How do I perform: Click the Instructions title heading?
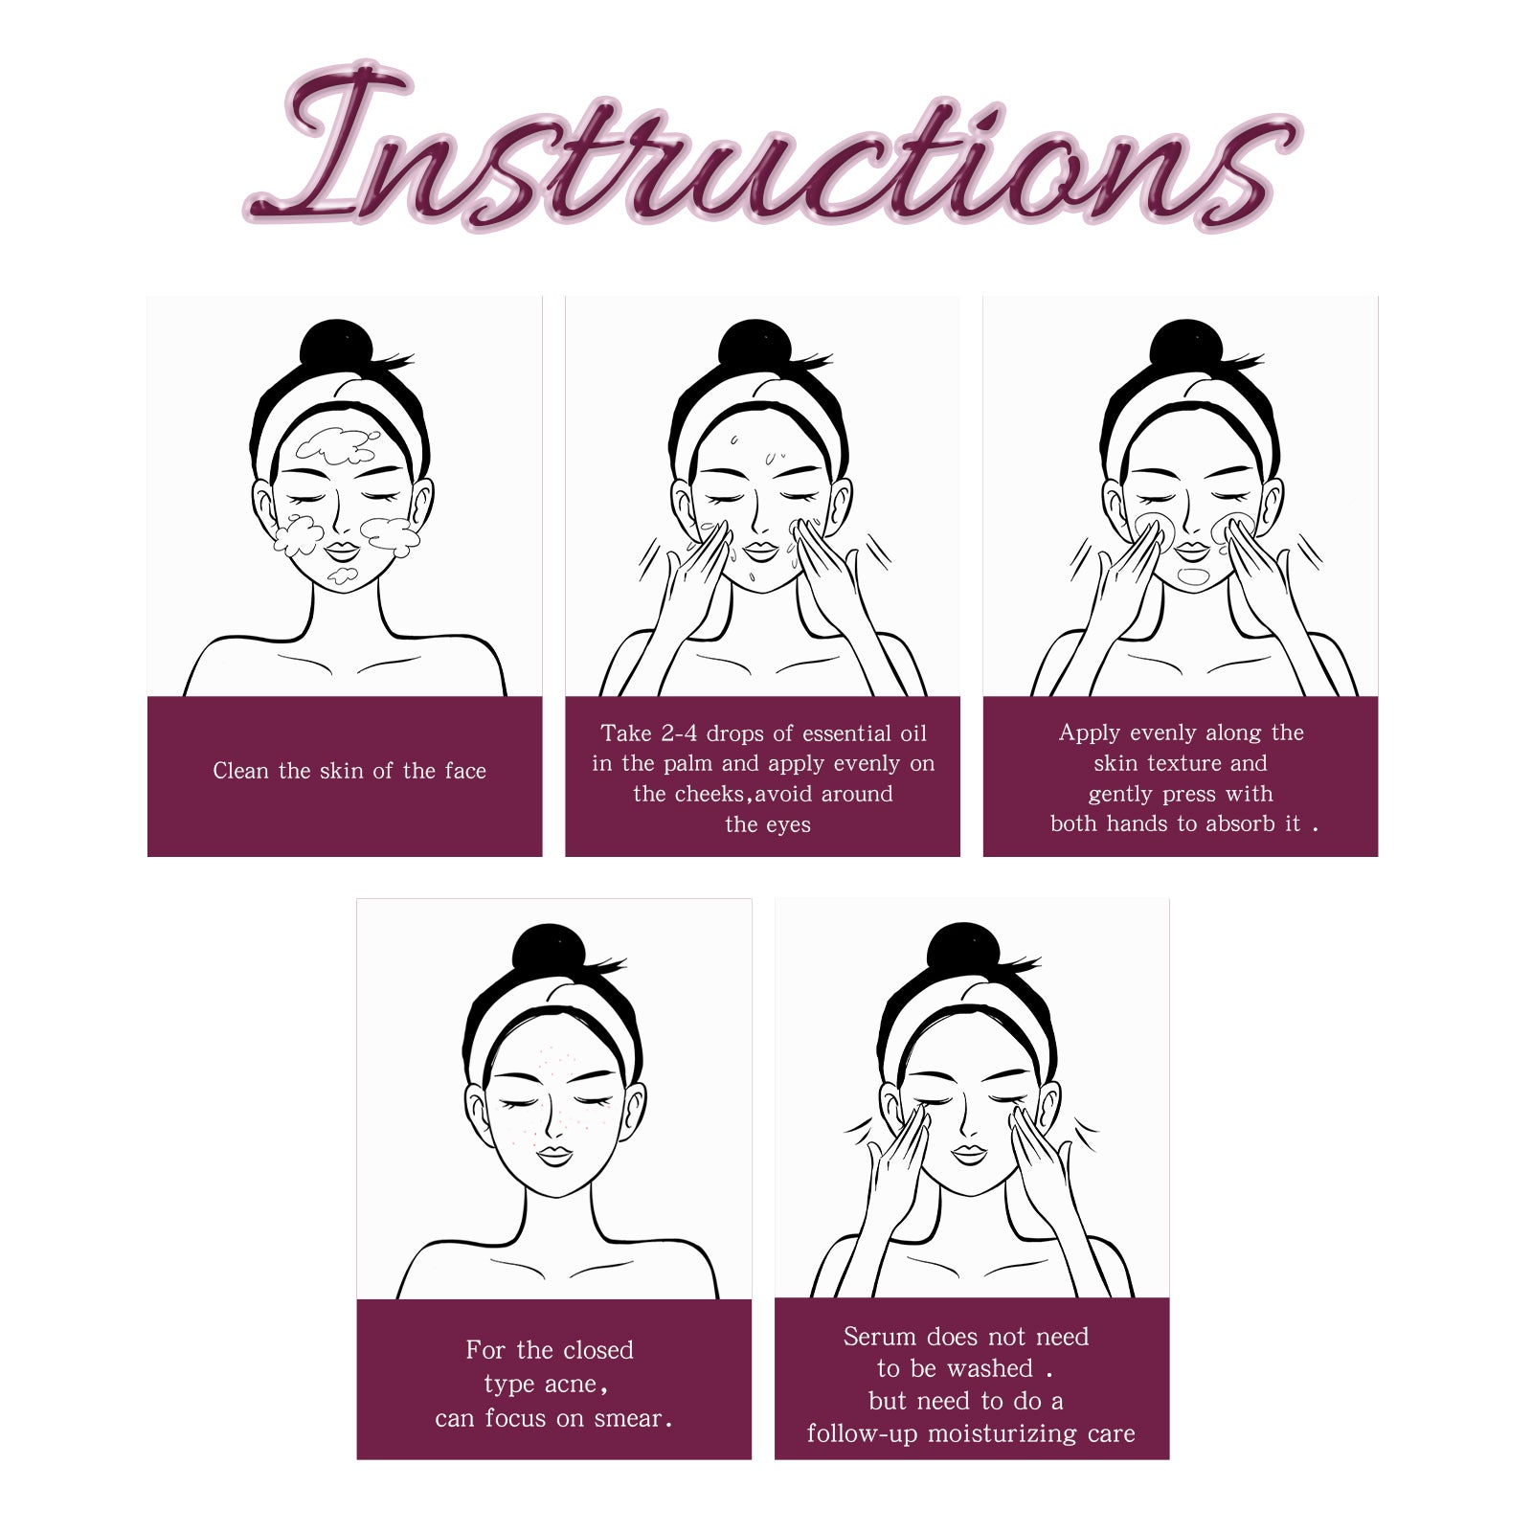[x=772, y=148]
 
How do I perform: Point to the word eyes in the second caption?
[x=786, y=825]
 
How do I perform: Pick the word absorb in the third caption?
[x=1240, y=823]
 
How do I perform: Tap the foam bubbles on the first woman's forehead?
[x=336, y=445]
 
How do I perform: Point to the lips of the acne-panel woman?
[x=554, y=1156]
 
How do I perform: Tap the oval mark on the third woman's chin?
[x=1194, y=576]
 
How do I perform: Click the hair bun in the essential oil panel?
[x=755, y=345]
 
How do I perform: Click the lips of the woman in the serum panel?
[x=969, y=1155]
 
